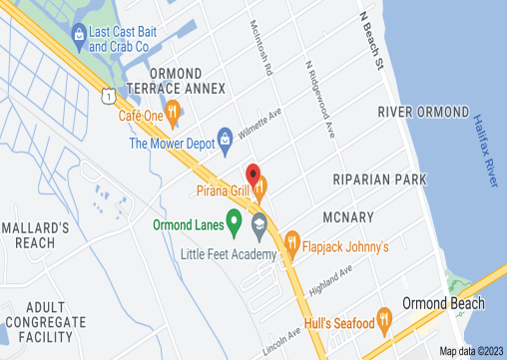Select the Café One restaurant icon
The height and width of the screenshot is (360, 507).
click(x=174, y=114)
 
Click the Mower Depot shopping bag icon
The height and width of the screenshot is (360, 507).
click(x=225, y=136)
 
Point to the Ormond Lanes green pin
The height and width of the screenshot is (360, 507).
click(x=235, y=221)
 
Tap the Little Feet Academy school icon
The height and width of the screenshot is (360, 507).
click(x=259, y=223)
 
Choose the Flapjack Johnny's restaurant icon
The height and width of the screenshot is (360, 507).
click(x=292, y=240)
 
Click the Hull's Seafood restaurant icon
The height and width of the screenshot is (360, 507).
click(x=386, y=321)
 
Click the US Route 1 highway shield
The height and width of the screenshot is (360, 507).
click(x=105, y=93)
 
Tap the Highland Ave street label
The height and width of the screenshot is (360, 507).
click(x=333, y=282)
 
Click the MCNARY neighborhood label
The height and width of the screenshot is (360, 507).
click(x=348, y=216)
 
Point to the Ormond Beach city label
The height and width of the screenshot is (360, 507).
click(x=443, y=303)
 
